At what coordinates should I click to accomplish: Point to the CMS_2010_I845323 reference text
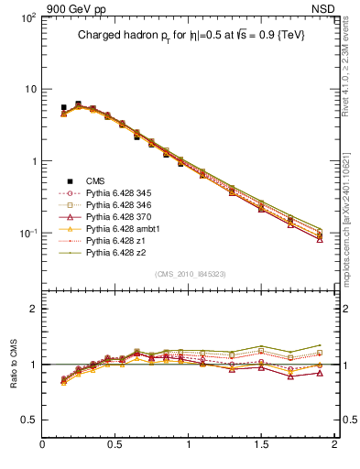pyautogui.click(x=188, y=274)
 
